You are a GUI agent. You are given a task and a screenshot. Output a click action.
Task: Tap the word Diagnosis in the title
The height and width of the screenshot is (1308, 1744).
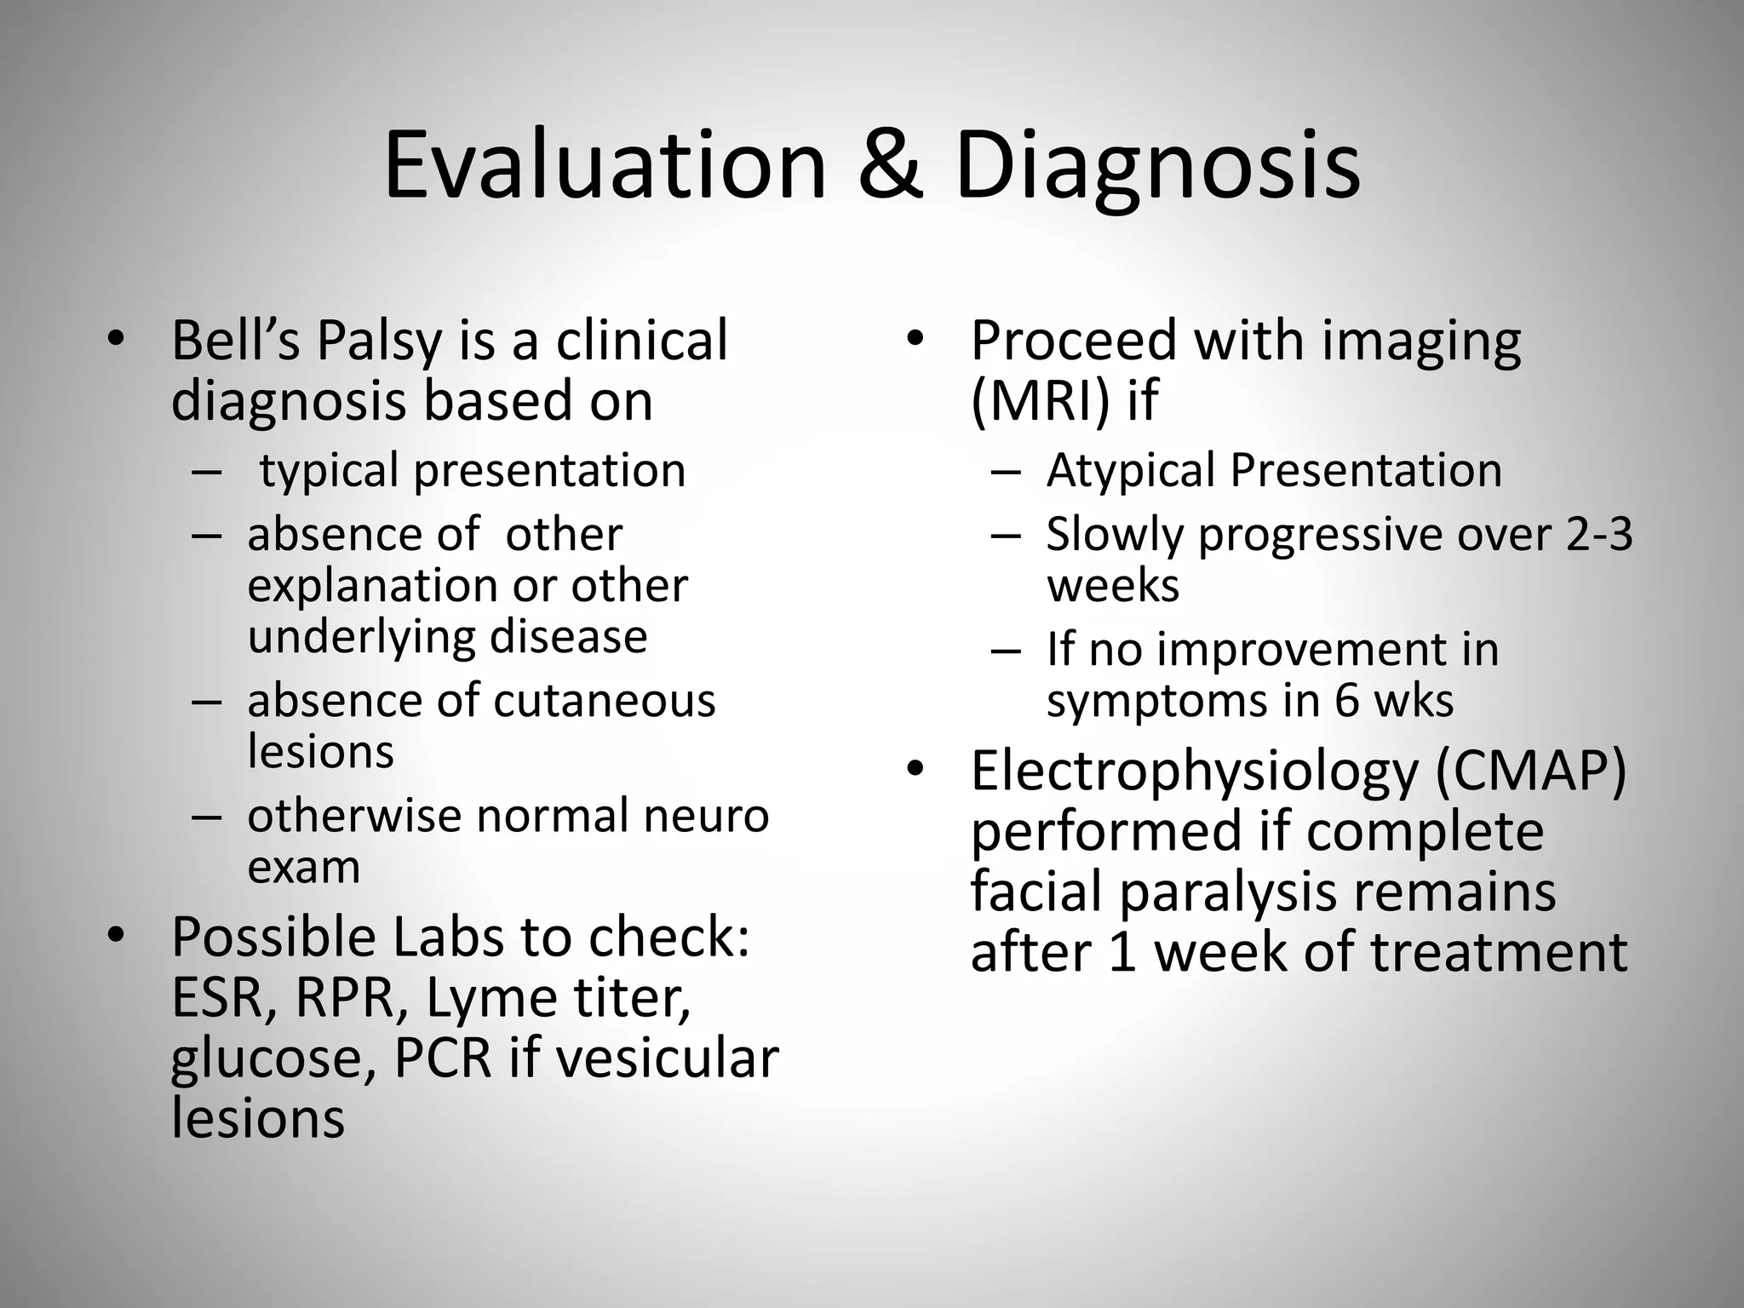(1156, 167)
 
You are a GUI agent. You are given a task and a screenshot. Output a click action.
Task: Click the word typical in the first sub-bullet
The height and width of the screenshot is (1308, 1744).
(329, 472)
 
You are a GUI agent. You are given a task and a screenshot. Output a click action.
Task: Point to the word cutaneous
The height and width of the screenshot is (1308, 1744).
(604, 701)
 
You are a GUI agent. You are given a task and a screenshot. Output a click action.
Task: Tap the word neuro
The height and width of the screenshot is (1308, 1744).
(707, 816)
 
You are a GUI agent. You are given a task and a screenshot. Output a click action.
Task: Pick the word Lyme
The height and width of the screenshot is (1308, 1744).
(490, 997)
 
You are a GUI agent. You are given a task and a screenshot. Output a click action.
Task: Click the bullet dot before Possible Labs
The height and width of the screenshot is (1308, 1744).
(116, 936)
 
